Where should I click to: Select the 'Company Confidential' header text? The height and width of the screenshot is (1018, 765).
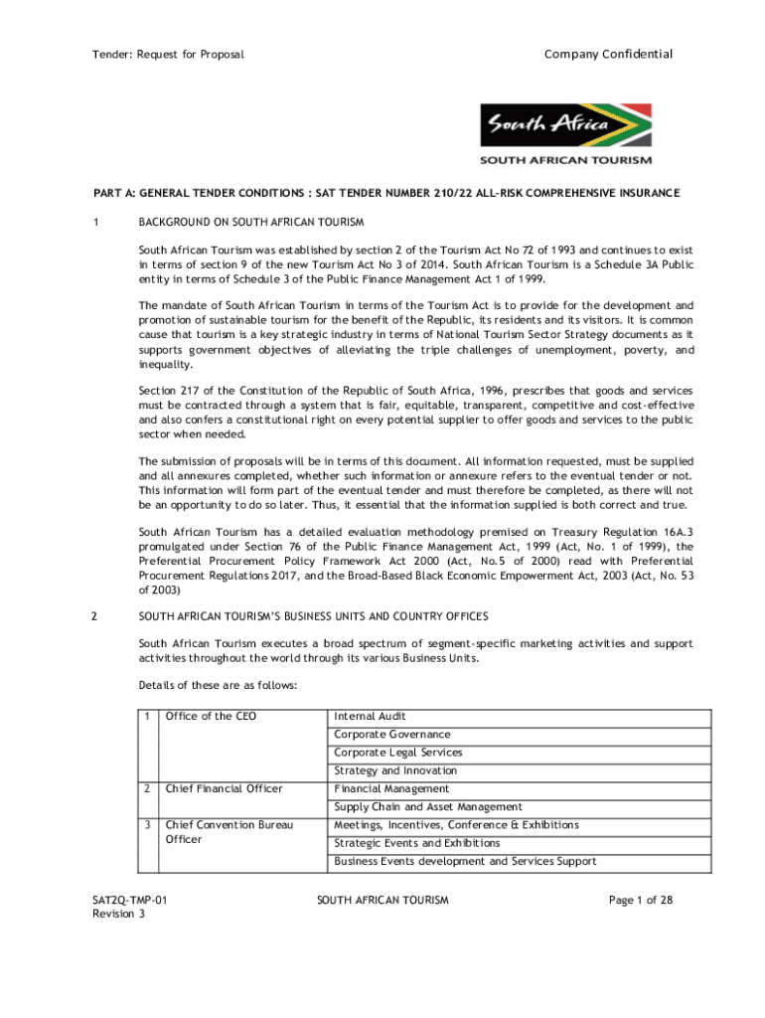click(x=608, y=54)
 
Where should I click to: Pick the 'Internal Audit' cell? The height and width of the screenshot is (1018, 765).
click(x=370, y=717)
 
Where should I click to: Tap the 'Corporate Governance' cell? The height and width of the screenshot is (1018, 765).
click(x=391, y=735)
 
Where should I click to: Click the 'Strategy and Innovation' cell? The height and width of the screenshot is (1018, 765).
click(x=395, y=770)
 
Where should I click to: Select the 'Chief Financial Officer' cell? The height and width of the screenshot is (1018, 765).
click(x=224, y=789)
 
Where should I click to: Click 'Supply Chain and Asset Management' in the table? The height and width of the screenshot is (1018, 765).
click(x=428, y=807)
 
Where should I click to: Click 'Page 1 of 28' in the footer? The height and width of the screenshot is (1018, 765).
click(x=641, y=901)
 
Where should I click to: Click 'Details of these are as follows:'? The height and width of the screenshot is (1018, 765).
click(x=216, y=686)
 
